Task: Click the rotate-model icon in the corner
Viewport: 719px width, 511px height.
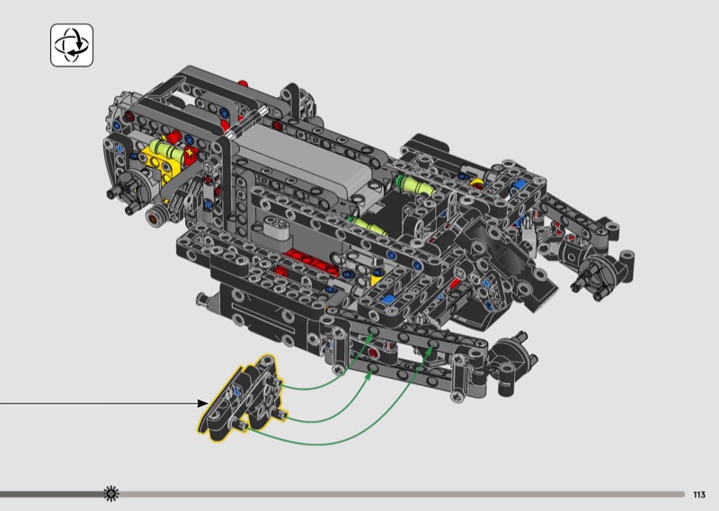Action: coord(72,46)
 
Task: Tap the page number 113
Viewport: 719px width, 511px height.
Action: coord(699,495)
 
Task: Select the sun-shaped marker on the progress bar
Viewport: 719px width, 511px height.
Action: coord(111,494)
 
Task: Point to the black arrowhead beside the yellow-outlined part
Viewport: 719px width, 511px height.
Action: coord(203,403)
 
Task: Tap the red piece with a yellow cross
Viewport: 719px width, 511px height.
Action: coord(190,154)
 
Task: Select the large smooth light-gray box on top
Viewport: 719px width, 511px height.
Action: coord(305,161)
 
